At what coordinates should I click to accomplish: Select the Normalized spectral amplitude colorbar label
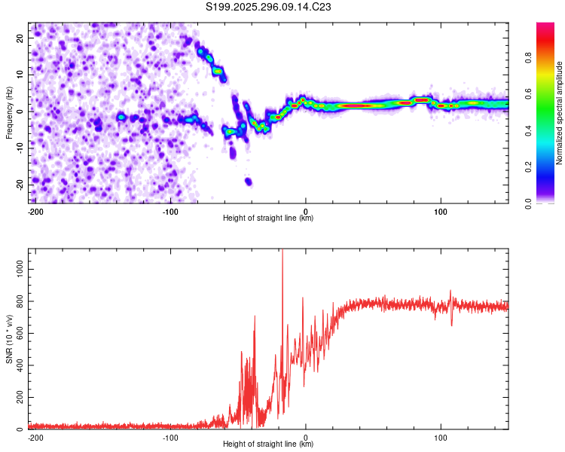pos(559,113)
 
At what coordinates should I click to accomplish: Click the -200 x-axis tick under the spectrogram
pos(35,210)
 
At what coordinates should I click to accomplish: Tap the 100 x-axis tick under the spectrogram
pos(441,210)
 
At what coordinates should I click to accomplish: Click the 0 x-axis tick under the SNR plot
pos(306,436)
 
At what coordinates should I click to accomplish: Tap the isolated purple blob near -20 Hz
pos(249,182)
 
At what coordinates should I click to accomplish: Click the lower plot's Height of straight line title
pos(268,444)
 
